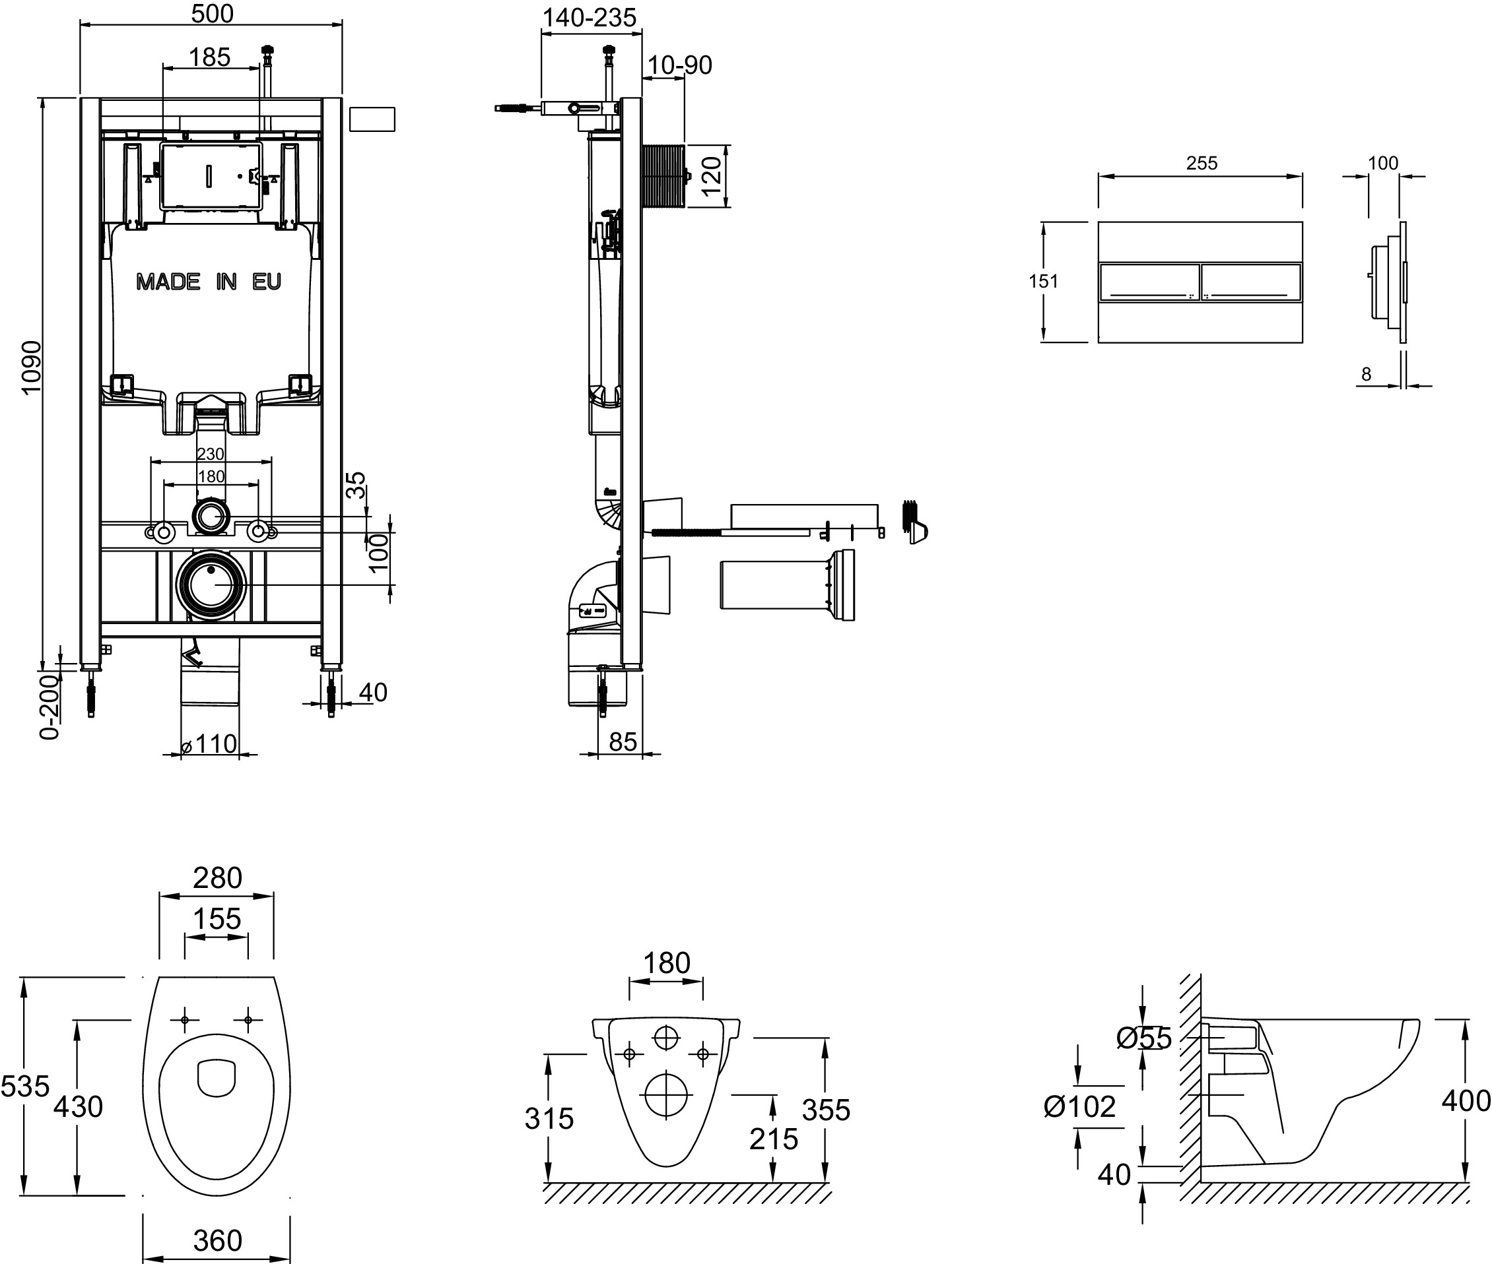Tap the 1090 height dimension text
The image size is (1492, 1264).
(x=32, y=367)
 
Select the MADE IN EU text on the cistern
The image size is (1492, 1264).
(x=209, y=282)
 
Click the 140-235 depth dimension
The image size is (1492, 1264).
(x=589, y=18)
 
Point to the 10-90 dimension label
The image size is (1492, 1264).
(x=680, y=65)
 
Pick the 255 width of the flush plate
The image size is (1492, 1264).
(x=1202, y=164)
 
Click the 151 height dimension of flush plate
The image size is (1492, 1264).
(x=1043, y=281)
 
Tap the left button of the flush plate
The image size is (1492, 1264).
(x=1149, y=282)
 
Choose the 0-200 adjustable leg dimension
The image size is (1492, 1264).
(x=50, y=706)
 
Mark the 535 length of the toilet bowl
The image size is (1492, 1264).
(x=25, y=1087)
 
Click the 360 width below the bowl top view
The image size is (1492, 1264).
(x=217, y=1240)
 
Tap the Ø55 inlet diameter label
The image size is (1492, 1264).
(x=1144, y=1038)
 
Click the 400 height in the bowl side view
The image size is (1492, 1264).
(x=1466, y=1100)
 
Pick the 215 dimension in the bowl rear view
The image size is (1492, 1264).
(x=774, y=1139)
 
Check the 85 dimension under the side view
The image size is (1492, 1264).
(x=623, y=742)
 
